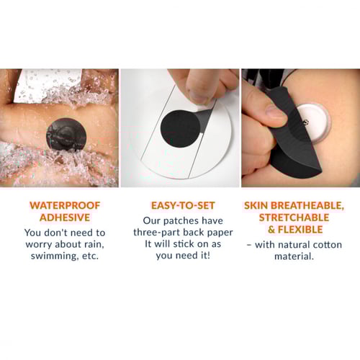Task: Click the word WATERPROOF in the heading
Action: coord(65,205)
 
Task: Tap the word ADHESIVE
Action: coord(65,217)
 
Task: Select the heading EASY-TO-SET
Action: coord(183,206)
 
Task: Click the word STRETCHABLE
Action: coord(294,217)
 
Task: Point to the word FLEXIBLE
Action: coord(300,230)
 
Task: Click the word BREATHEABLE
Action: coord(307,206)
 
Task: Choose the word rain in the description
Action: coord(94,244)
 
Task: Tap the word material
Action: coord(294,256)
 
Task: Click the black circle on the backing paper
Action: coord(181,130)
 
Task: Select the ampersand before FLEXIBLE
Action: coord(271,230)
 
